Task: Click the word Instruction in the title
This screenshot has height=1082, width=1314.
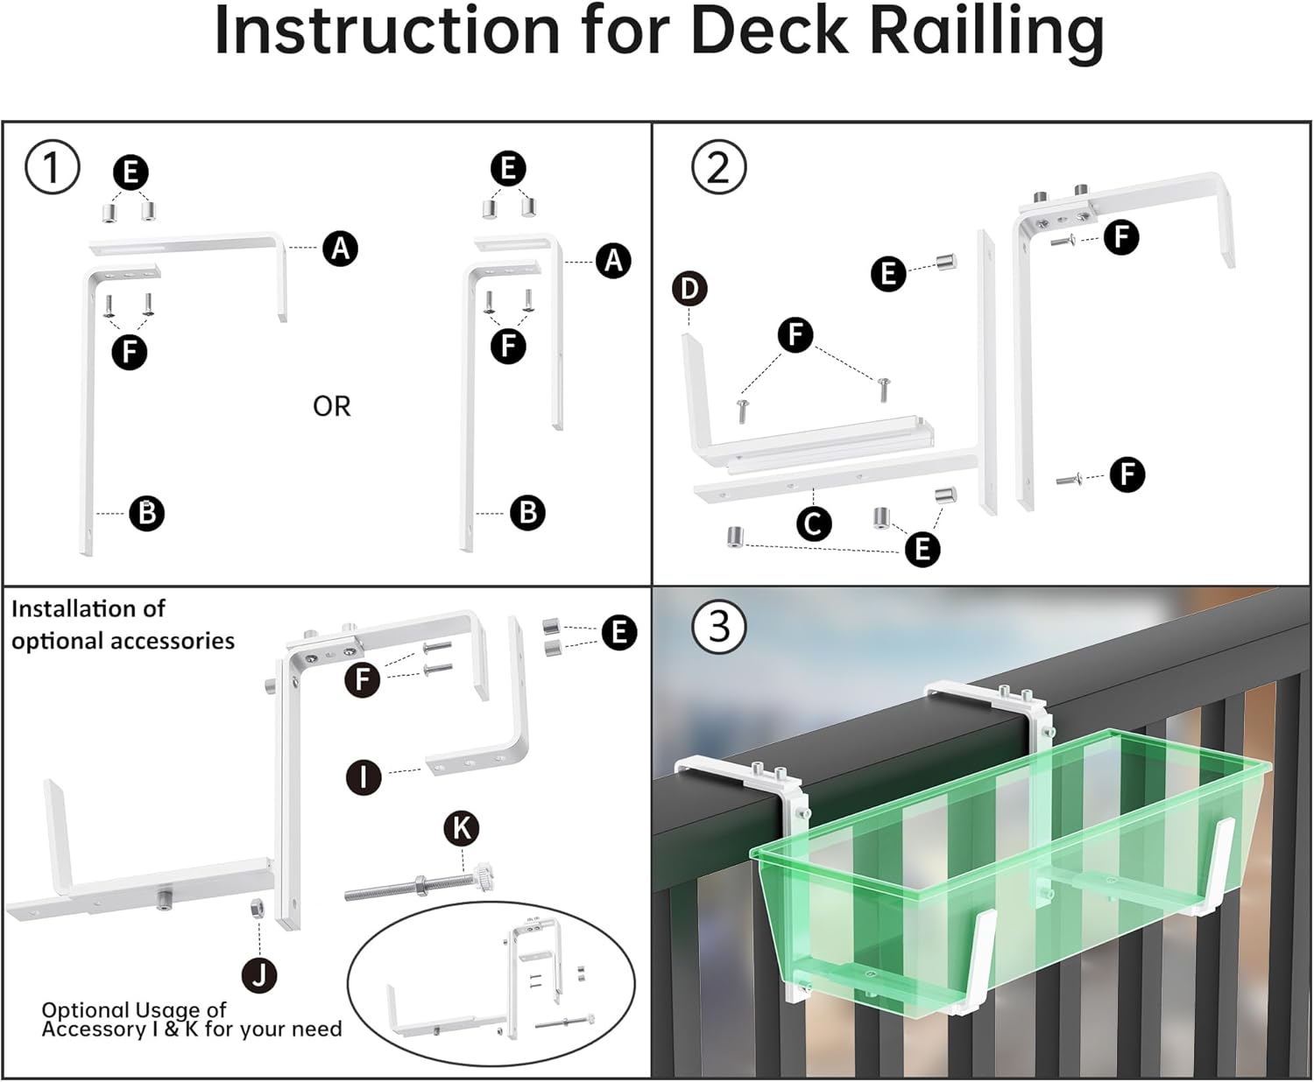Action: pyautogui.click(x=386, y=32)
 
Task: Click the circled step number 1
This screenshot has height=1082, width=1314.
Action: pyautogui.click(x=52, y=166)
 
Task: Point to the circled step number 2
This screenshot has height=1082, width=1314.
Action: pyautogui.click(x=718, y=166)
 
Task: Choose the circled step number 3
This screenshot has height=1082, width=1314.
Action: pyautogui.click(x=718, y=627)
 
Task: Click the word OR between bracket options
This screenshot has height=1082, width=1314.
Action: pyautogui.click(x=331, y=406)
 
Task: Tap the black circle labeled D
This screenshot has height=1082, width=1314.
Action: pyautogui.click(x=689, y=289)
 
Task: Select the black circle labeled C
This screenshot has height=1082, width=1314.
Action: pyautogui.click(x=814, y=523)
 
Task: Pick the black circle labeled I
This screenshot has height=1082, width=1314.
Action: pyautogui.click(x=364, y=776)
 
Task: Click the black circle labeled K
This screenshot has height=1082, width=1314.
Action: pyautogui.click(x=462, y=828)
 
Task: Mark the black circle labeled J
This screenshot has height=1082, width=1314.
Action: pyautogui.click(x=259, y=974)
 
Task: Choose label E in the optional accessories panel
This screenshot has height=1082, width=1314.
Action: pyautogui.click(x=619, y=632)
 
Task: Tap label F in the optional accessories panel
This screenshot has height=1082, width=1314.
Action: pyautogui.click(x=363, y=679)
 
